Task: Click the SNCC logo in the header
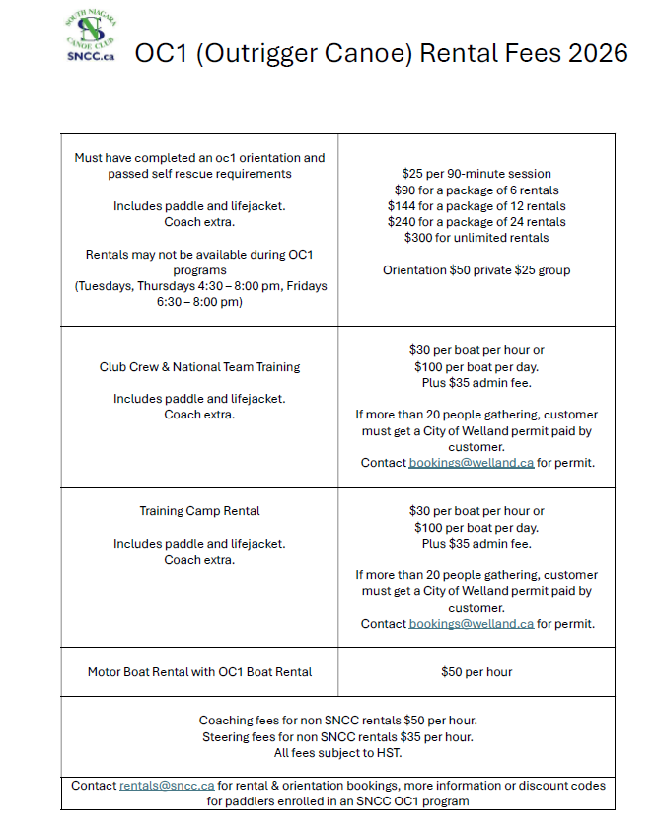point(90,38)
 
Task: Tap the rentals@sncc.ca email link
point(167,786)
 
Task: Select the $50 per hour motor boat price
point(476,672)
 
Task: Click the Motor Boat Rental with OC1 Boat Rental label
point(199,672)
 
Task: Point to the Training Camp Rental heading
point(199,511)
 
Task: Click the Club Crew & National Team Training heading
point(199,366)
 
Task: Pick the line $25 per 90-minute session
point(476,174)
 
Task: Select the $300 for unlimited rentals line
point(476,238)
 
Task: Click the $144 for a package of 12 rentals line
point(476,206)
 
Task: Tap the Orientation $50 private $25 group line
point(476,270)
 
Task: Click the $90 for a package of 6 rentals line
point(476,190)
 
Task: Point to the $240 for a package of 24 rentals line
point(476,222)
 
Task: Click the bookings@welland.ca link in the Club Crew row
point(472,463)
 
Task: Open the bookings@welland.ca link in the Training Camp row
point(472,624)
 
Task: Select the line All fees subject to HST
point(338,753)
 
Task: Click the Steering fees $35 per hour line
point(338,737)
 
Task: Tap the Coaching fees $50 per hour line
point(338,721)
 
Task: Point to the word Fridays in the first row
point(303,286)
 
